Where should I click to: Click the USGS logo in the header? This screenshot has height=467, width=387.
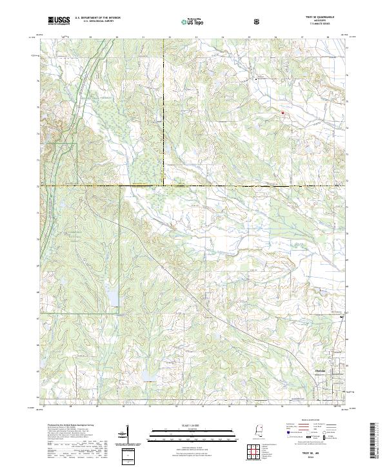58,21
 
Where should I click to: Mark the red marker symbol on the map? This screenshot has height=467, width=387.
282,112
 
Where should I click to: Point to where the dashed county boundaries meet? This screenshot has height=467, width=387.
164,186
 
